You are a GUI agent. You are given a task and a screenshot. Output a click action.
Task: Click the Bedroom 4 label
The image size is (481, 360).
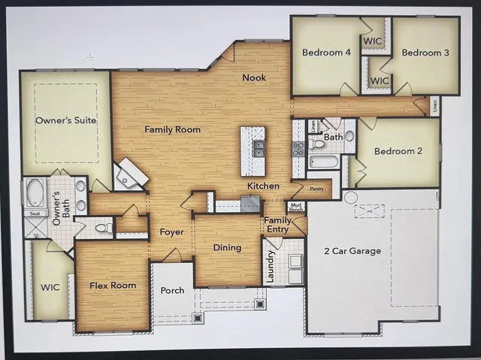tap(324, 53)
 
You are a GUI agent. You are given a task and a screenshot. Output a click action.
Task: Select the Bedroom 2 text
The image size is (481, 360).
tap(398, 151)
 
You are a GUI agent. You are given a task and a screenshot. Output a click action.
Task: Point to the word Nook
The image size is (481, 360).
tap(253, 77)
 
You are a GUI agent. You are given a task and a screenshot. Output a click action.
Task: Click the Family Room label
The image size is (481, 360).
tap(172, 129)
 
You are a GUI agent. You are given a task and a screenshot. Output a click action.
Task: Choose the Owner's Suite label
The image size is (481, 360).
tap(65, 120)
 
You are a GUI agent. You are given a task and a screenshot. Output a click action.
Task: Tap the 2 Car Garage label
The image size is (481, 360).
tap(352, 250)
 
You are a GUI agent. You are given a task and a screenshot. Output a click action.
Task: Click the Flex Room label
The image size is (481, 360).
tap(112, 286)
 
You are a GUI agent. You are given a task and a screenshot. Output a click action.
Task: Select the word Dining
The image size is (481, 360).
tap(227, 247)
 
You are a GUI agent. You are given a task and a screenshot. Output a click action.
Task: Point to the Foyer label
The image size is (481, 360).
tap(172, 232)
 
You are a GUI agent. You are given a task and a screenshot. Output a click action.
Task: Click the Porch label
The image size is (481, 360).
tap(172, 290)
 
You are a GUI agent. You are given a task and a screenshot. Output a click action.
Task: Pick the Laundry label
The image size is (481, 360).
tap(271, 267)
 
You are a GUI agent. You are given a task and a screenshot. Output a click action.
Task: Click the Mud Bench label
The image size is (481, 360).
tap(297, 207)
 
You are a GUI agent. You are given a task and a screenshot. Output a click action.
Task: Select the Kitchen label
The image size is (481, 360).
tap(263, 186)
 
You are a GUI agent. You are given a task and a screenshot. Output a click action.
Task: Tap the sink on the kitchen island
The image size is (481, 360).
tap(259, 147)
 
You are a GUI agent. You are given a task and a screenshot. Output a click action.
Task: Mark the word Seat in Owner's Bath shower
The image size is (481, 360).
tap(34, 213)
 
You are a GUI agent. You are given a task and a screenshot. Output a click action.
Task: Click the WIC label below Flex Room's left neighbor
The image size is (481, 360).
tap(50, 287)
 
